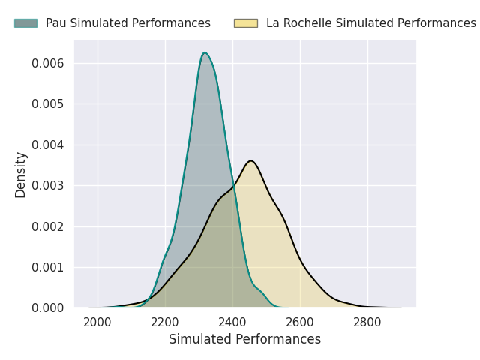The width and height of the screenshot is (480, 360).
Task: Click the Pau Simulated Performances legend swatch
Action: point(25,23)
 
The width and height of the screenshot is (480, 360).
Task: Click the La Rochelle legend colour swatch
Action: point(245,23)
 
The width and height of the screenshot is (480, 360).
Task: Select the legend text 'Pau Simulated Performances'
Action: point(128,23)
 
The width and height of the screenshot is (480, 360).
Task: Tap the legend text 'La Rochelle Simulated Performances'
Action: point(371,23)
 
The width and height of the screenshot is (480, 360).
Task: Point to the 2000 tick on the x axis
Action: point(97,322)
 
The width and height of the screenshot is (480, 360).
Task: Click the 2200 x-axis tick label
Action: point(165,322)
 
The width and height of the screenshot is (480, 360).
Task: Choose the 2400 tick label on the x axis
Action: point(232,322)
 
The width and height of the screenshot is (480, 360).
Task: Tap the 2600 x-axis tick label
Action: point(300,322)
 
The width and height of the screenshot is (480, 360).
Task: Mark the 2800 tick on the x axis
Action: point(367,322)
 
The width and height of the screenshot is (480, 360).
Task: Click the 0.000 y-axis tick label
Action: point(48,308)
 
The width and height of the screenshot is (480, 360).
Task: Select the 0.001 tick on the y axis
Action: point(48,267)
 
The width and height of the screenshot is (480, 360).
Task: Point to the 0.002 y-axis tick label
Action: point(48,226)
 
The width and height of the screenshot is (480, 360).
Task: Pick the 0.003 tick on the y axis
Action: point(48,185)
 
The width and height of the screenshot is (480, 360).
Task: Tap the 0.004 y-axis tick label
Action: point(48,145)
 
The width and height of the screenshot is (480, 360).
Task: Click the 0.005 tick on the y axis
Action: point(48,104)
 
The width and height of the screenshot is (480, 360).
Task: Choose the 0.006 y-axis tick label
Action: point(48,63)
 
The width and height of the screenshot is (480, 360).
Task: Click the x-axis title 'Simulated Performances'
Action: point(244,339)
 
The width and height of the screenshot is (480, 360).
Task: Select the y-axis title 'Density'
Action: point(21,174)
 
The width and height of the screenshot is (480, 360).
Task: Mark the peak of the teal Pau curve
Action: point(204,52)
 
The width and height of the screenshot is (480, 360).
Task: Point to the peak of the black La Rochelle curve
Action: point(250,160)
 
